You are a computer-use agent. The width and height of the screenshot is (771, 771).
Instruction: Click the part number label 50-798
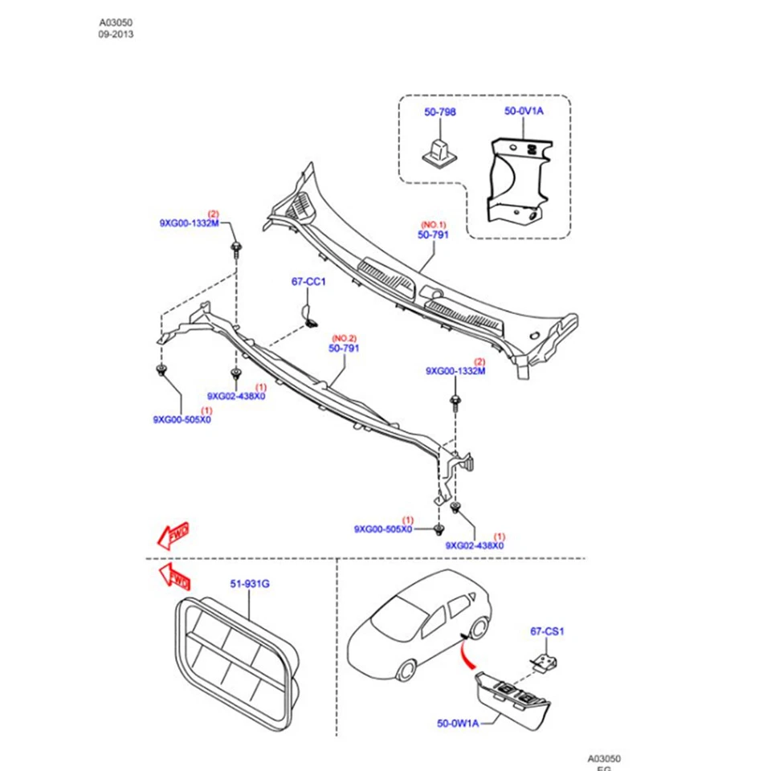[439, 112]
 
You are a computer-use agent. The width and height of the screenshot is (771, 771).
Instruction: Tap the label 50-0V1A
[524, 111]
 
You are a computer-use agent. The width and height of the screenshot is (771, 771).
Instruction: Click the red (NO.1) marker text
[433, 224]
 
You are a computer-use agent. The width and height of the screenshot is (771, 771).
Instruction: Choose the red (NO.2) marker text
[343, 338]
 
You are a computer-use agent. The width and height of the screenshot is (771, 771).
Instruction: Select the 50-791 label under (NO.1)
[432, 235]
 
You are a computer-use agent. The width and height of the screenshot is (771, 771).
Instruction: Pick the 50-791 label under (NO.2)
[343, 349]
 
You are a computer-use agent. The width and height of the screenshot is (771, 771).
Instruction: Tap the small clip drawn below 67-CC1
[309, 316]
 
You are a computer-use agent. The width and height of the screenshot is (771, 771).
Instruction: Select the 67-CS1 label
[548, 632]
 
